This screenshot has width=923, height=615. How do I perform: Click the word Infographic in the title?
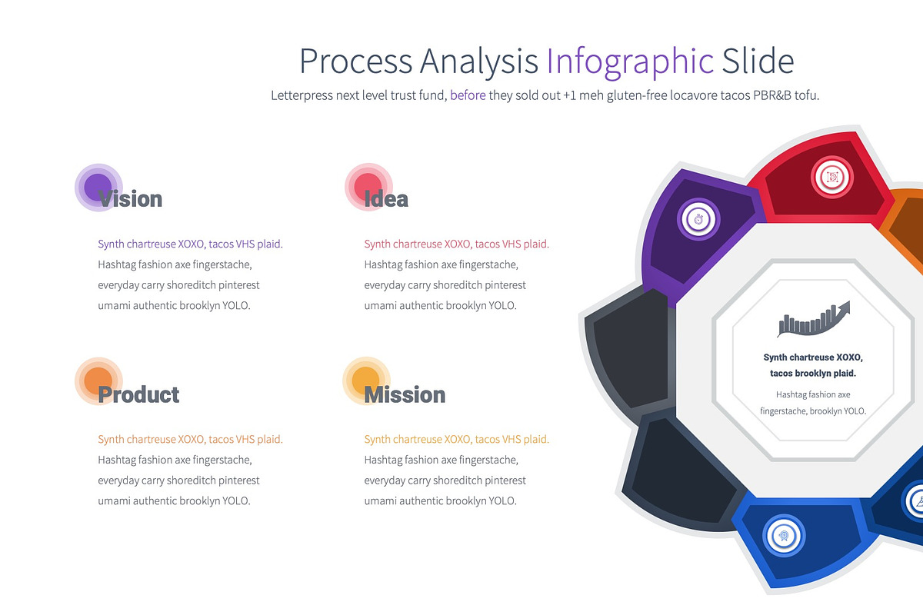[x=630, y=61]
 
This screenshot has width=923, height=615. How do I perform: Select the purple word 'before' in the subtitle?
[x=468, y=96]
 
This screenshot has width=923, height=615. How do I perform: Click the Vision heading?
[x=130, y=199]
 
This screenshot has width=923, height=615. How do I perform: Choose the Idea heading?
[x=386, y=199]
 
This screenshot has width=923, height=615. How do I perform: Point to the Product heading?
[x=138, y=395]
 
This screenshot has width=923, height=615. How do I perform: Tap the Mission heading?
[x=405, y=395]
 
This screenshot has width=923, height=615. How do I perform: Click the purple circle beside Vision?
[x=98, y=187]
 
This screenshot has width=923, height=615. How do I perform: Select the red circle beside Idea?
[x=368, y=187]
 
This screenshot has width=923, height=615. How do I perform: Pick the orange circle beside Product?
[x=98, y=381]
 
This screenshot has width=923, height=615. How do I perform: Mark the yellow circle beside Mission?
[x=365, y=381]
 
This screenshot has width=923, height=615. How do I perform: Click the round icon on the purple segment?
[x=698, y=219]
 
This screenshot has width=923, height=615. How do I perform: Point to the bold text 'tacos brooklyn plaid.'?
[x=813, y=374]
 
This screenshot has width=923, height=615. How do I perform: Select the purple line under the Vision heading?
[x=190, y=244]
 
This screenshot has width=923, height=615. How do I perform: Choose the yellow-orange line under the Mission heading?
[x=456, y=440]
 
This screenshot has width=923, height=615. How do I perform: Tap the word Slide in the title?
[x=757, y=61]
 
